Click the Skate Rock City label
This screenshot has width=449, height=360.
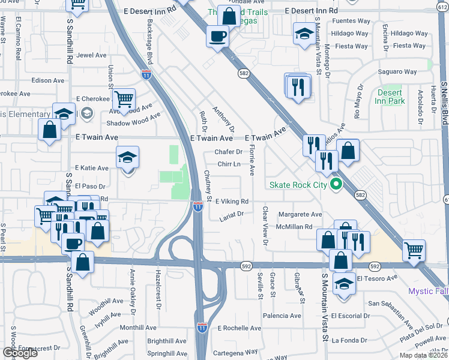point(298,184)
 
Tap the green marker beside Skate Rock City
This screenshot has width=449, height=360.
point(336,184)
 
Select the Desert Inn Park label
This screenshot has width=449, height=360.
point(390,97)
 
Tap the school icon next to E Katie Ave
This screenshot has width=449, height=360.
point(127,158)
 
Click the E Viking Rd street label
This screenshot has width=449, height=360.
point(232,202)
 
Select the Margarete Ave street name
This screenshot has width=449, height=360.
point(300,214)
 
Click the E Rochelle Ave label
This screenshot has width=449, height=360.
point(240,328)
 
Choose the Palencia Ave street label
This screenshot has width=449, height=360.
point(280,316)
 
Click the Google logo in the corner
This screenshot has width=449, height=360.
point(20,353)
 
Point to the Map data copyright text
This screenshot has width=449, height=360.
point(424,355)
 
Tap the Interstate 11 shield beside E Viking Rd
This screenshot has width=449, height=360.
point(198,206)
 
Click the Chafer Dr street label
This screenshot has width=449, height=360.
point(229,152)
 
